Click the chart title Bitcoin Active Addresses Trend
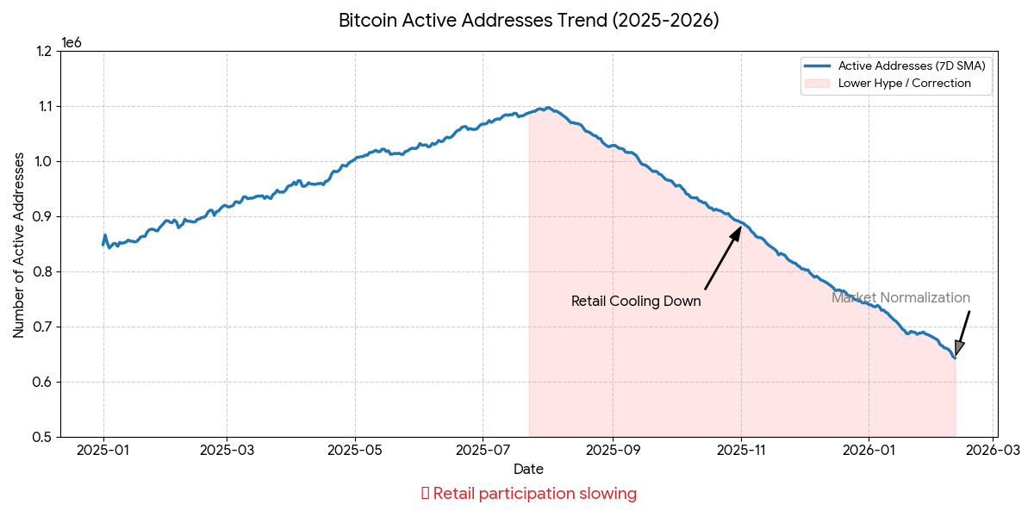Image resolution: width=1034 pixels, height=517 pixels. point(528,21)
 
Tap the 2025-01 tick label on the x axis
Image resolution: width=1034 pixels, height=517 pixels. point(103,450)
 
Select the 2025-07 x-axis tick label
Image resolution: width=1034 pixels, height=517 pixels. point(483,450)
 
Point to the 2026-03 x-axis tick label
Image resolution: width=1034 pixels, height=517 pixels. point(993,450)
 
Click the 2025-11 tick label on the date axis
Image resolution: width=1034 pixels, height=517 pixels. point(741,450)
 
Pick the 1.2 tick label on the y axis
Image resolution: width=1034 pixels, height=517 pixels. point(43,52)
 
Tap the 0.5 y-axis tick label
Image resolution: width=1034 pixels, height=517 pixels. point(43,437)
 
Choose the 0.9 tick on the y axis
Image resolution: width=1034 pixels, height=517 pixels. point(43,216)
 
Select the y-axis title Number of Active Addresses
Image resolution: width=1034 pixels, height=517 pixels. point(19,245)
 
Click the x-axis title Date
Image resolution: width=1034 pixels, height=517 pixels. point(528,470)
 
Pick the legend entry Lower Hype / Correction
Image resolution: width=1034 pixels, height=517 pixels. point(904,84)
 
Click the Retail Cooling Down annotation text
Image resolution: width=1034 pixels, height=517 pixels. point(636,302)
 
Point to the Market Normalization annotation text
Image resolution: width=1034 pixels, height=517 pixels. point(900,298)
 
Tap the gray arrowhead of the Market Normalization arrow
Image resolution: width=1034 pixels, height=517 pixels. point(959,347)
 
